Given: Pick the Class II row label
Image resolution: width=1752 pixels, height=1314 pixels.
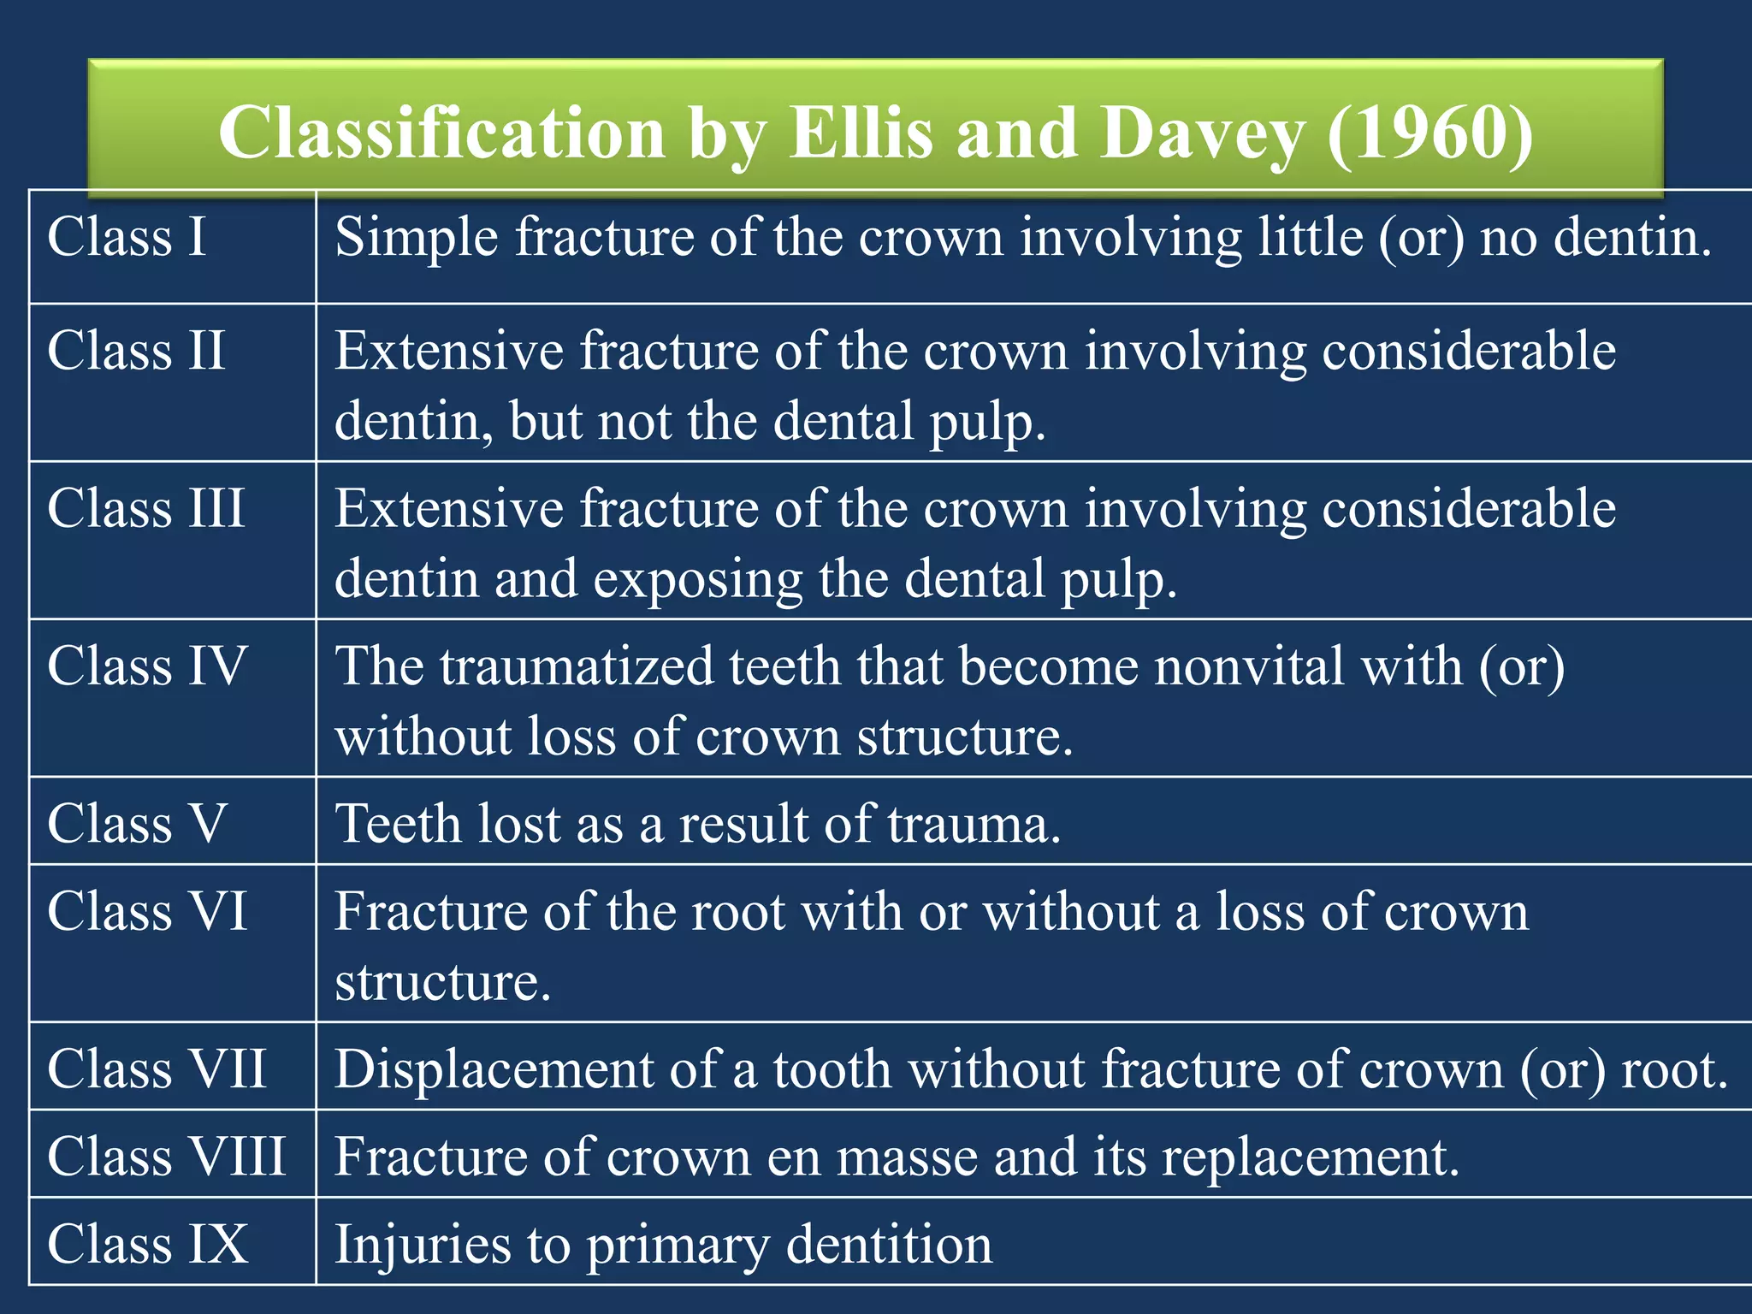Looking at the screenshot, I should coord(136,351).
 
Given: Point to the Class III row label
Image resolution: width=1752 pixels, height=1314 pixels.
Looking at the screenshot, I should coord(145,508).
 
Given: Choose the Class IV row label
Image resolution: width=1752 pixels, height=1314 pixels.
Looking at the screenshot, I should coord(147,666).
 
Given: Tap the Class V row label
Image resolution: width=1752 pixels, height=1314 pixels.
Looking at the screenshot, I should coord(137,823).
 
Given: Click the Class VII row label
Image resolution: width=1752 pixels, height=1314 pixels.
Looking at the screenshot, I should coord(157,1068).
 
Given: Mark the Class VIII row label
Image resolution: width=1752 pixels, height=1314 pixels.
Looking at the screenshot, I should coord(166,1156).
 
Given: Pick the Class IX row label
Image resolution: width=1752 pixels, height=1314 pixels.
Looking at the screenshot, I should coord(147,1243).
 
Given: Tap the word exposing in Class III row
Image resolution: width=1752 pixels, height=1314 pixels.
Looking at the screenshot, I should coord(698,578).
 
